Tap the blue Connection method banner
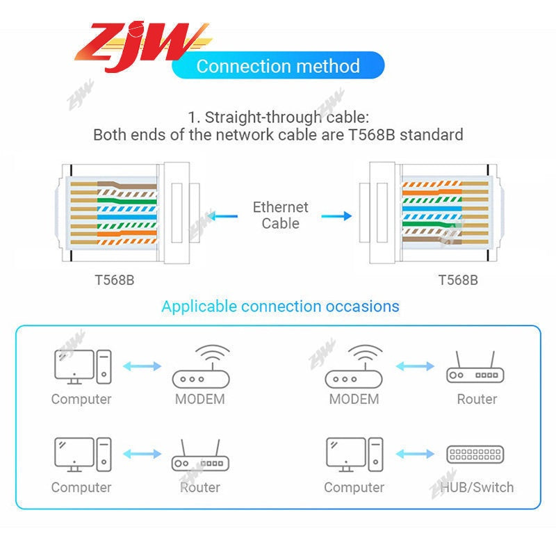click(278, 67)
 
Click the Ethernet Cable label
click(280, 215)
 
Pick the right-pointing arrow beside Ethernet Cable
click(336, 216)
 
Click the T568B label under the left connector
click(115, 280)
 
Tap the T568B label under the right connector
click(458, 280)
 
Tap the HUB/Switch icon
click(475, 455)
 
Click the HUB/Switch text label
click(477, 487)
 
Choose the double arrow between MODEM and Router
click(416, 366)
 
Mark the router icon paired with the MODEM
click(475, 368)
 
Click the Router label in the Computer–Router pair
click(200, 487)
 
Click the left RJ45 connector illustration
click(128, 214)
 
